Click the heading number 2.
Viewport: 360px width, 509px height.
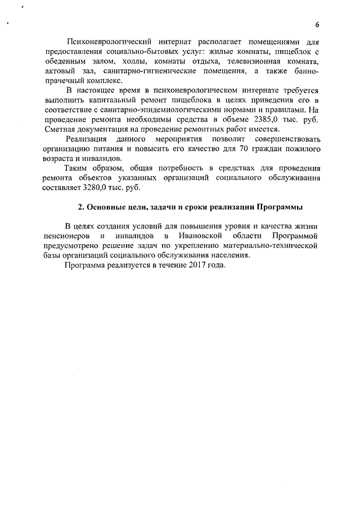[x=81, y=207]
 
